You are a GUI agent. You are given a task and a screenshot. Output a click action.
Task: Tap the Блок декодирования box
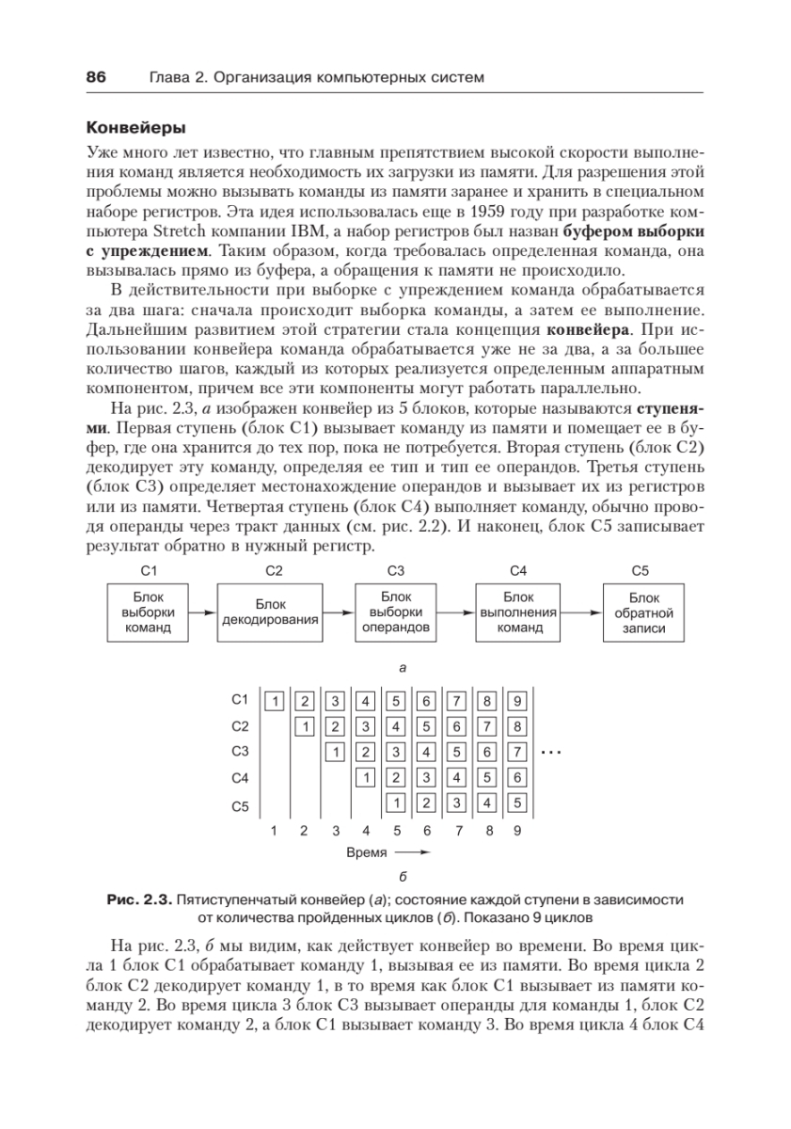click(269, 612)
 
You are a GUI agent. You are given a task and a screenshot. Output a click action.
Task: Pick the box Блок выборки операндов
click(395, 612)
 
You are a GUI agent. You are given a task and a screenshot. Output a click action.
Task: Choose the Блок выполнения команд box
click(519, 612)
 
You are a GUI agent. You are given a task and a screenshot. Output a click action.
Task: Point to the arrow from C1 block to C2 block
click(201, 612)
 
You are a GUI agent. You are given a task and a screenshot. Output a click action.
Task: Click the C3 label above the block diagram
click(395, 570)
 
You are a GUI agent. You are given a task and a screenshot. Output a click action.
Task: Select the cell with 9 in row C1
click(518, 700)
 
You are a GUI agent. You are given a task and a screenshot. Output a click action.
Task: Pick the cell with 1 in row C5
click(397, 803)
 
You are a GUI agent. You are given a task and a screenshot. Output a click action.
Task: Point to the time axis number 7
click(458, 831)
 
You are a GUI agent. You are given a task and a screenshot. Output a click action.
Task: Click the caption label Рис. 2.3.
click(139, 900)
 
